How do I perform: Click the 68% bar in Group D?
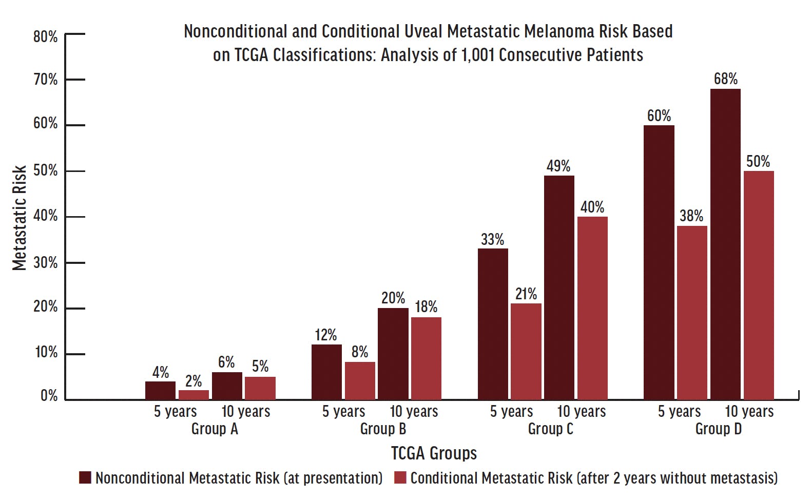(725, 244)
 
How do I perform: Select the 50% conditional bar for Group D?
(759, 285)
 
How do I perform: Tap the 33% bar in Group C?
(493, 323)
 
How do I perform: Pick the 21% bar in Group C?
(526, 351)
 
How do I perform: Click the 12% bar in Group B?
(326, 372)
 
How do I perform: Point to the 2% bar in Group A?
(194, 394)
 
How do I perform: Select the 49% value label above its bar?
(558, 166)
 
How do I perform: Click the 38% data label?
(691, 216)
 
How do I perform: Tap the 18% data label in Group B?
(426, 307)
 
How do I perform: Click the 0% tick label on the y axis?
(49, 396)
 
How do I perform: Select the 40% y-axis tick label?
(45, 216)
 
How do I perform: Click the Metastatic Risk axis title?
(20, 218)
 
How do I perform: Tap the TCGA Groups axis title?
(434, 453)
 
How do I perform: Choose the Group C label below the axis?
(550, 429)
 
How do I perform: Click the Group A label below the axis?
(215, 429)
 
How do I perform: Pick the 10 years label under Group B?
(414, 412)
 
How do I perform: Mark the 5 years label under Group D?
(679, 412)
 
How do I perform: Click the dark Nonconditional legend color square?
(85, 477)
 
